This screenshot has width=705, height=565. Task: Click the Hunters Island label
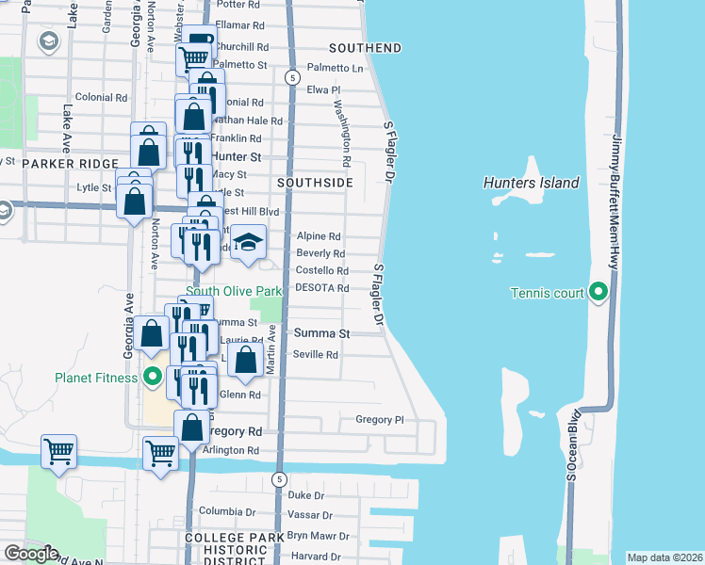531,183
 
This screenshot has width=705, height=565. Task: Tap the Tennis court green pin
598,293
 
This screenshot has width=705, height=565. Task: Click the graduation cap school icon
249,244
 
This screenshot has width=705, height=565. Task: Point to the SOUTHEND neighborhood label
365,48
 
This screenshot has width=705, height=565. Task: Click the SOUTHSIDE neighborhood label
315,181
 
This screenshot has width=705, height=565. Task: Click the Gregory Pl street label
379,419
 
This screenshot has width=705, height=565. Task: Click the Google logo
31,554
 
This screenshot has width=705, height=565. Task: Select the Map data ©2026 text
664,557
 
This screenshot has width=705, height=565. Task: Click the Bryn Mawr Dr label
318,536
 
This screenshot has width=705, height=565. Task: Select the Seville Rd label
316,355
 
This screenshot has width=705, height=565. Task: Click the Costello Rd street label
322,270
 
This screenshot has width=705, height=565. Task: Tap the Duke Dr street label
305,494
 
